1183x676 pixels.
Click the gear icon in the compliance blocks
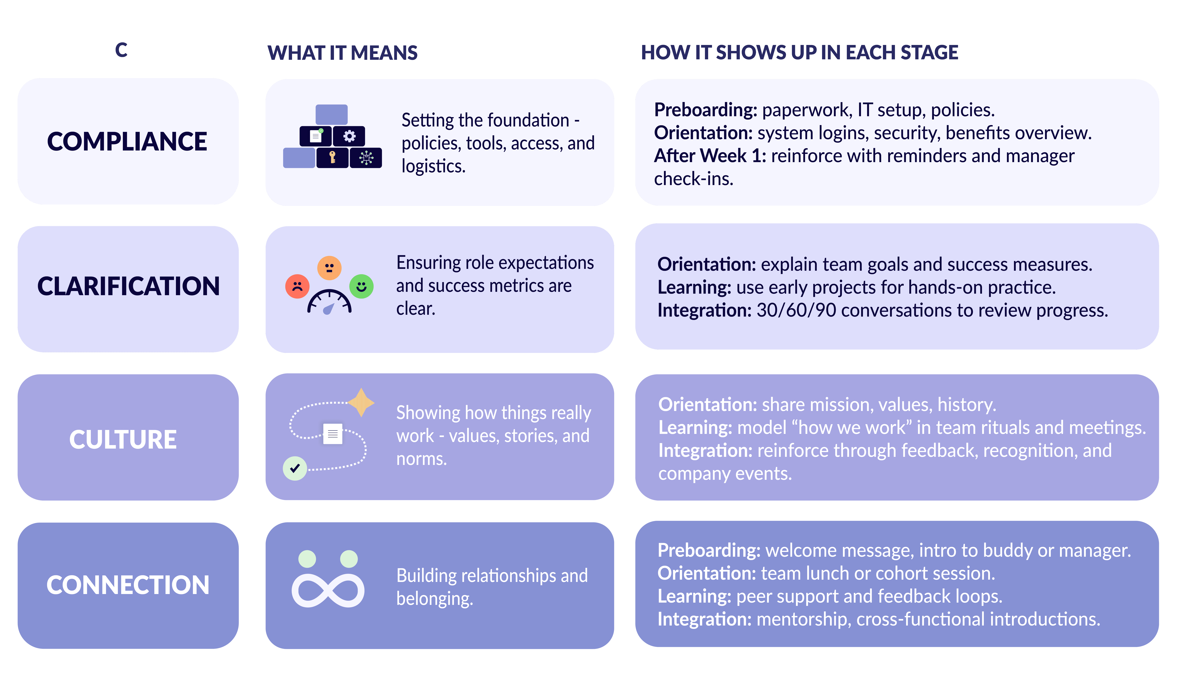[349, 136]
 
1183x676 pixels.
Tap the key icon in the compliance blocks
[332, 157]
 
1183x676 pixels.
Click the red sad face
[297, 286]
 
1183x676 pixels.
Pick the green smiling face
[361, 286]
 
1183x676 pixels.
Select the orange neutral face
[329, 268]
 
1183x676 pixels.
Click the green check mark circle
[295, 468]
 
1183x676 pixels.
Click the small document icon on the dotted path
[332, 434]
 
